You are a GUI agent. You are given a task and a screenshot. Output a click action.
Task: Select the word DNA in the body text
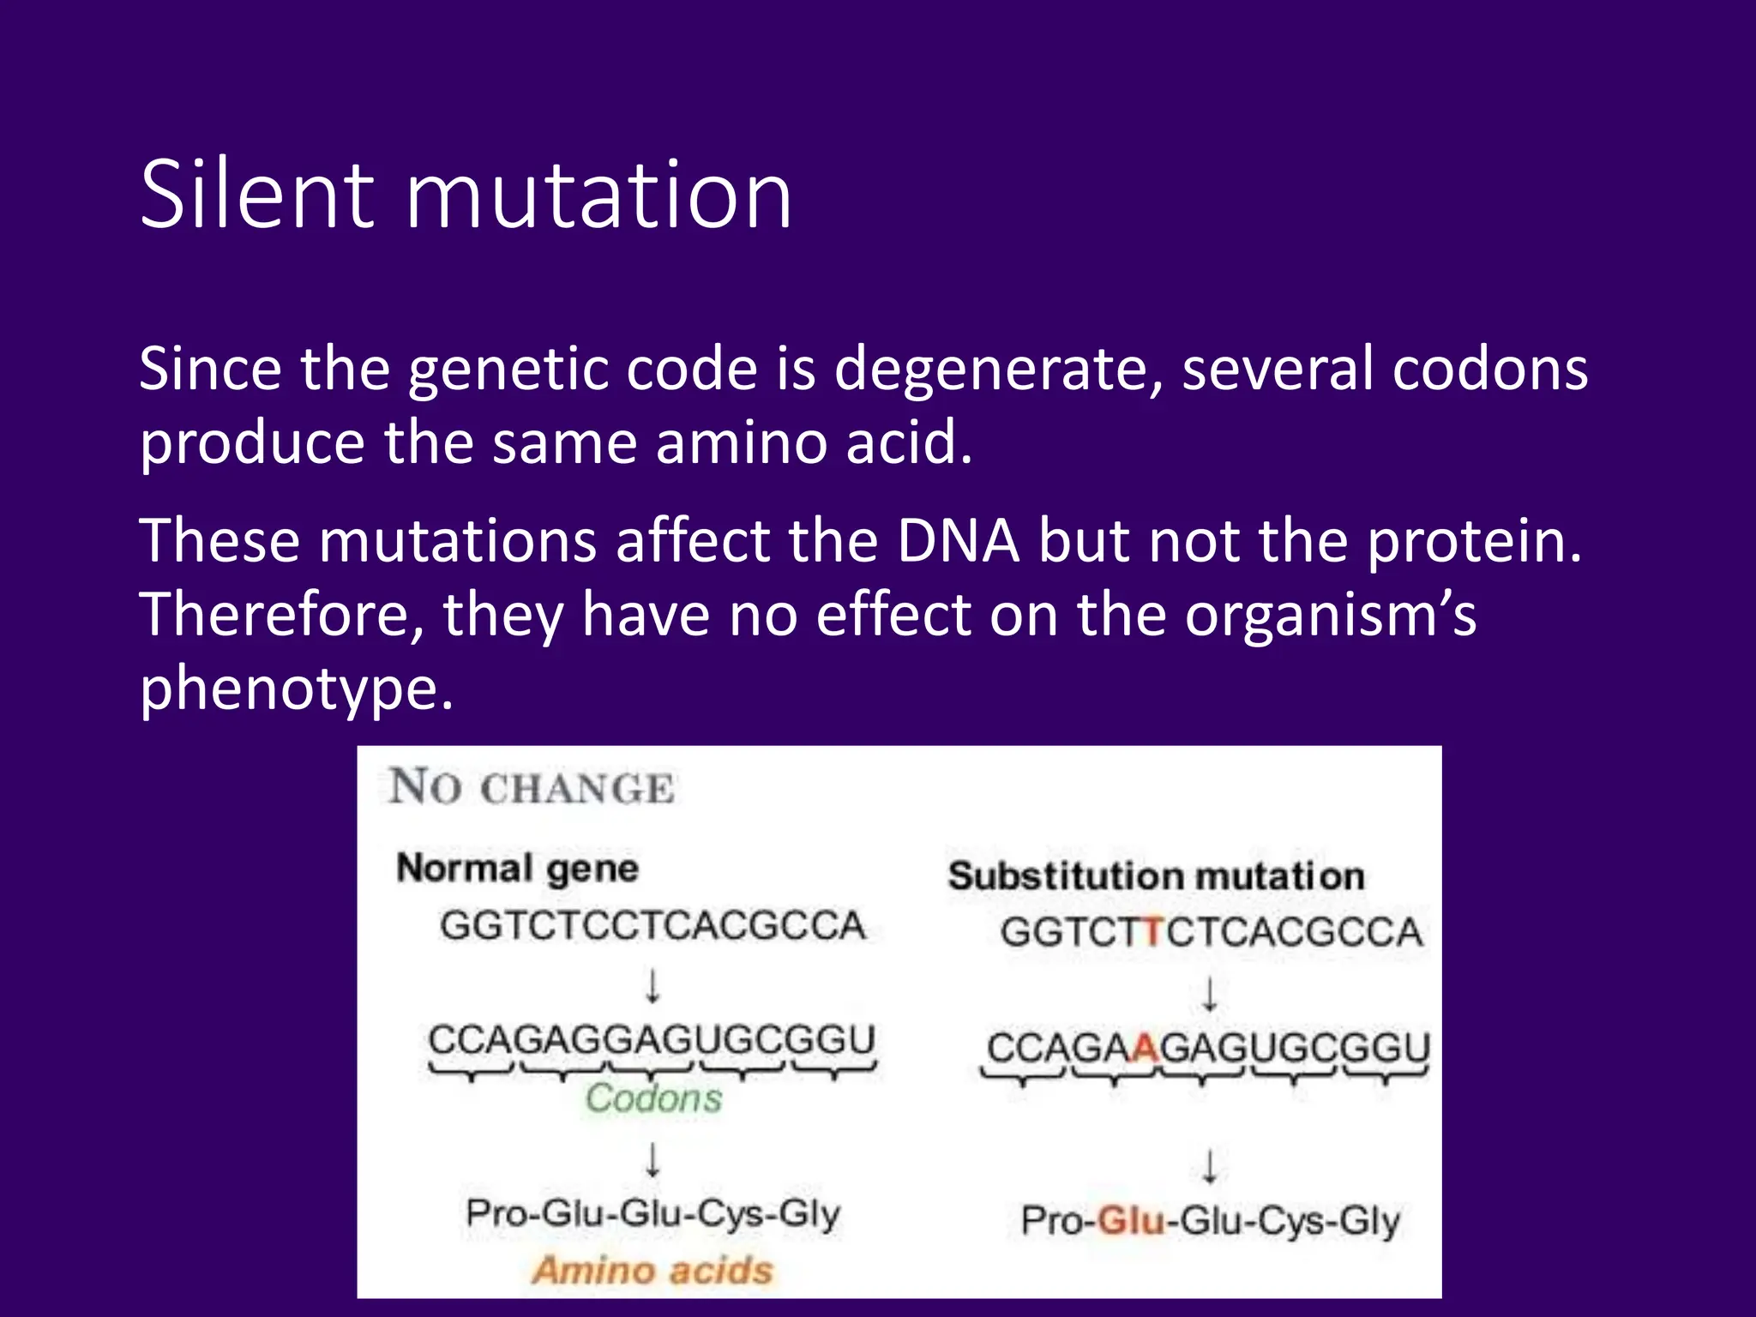[x=959, y=542]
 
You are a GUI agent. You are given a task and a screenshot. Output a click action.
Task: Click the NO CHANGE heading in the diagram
[x=532, y=787]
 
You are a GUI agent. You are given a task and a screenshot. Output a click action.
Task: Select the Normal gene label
[x=517, y=869]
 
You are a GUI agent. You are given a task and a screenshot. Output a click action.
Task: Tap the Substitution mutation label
[x=1156, y=876]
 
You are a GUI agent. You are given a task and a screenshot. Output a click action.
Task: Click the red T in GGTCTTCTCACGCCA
[x=1153, y=932]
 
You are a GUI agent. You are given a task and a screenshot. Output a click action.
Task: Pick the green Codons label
[x=653, y=1098]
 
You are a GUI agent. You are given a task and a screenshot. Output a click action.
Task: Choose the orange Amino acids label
[x=652, y=1270]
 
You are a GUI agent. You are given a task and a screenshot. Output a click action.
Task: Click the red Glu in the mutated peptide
[x=1132, y=1220]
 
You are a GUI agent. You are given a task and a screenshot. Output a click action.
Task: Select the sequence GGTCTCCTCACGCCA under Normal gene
[x=652, y=926]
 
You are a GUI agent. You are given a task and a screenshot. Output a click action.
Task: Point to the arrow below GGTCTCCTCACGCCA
[x=652, y=985]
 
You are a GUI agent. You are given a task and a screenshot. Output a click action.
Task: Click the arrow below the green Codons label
[x=652, y=1158]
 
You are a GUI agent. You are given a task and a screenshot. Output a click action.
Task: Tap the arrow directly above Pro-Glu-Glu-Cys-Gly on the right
[x=1209, y=1166]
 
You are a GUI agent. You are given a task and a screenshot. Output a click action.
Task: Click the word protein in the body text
[x=1474, y=542]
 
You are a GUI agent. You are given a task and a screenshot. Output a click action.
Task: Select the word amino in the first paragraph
[x=743, y=443]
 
